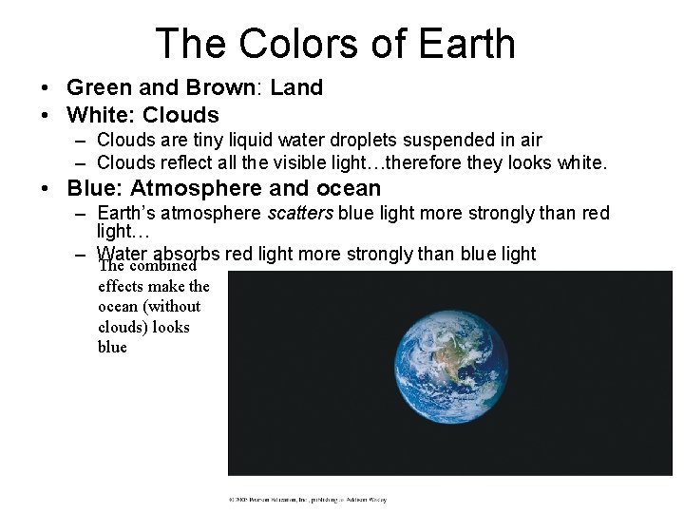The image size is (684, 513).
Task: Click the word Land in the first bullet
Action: (296, 88)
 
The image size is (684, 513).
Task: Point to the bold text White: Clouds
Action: (142, 115)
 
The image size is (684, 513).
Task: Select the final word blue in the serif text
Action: (112, 348)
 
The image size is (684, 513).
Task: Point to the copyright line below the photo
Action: (307, 499)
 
